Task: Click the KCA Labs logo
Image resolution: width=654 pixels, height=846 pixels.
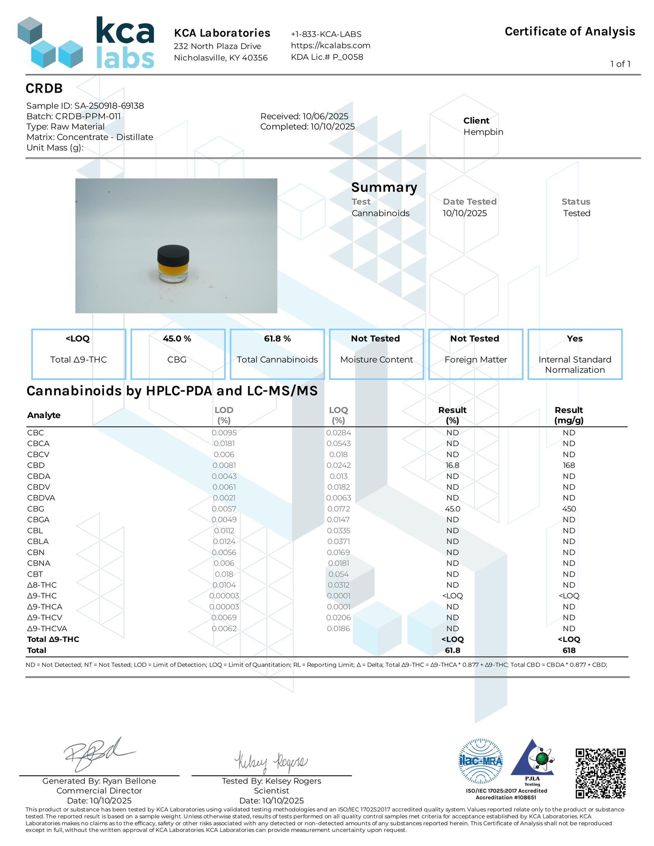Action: click(86, 43)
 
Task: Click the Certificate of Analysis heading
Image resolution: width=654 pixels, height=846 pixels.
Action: click(569, 32)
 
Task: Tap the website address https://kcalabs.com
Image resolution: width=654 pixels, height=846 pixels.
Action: click(330, 45)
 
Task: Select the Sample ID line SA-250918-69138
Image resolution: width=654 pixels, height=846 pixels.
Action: click(85, 106)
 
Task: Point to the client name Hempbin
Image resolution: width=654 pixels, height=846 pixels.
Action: click(483, 132)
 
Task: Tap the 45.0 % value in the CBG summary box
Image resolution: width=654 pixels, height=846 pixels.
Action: click(177, 339)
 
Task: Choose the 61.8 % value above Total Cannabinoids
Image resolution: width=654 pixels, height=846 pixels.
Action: click(277, 339)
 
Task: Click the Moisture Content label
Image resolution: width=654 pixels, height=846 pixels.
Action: click(376, 360)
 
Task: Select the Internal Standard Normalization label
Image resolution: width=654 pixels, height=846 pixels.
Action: click(575, 365)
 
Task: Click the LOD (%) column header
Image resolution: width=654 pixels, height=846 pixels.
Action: click(224, 415)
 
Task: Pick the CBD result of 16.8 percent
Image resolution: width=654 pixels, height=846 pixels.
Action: click(452, 465)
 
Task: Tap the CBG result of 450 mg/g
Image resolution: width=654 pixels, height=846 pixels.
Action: click(569, 509)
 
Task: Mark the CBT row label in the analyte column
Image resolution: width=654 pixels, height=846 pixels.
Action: click(35, 574)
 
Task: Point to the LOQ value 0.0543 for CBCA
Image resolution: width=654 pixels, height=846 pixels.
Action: click(338, 444)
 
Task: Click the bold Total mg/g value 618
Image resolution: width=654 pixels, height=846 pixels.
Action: click(569, 650)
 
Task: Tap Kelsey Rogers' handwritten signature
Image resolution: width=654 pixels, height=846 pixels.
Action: click(271, 761)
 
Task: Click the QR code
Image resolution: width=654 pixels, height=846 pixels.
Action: click(600, 773)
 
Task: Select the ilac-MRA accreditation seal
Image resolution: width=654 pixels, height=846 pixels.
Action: click(481, 761)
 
